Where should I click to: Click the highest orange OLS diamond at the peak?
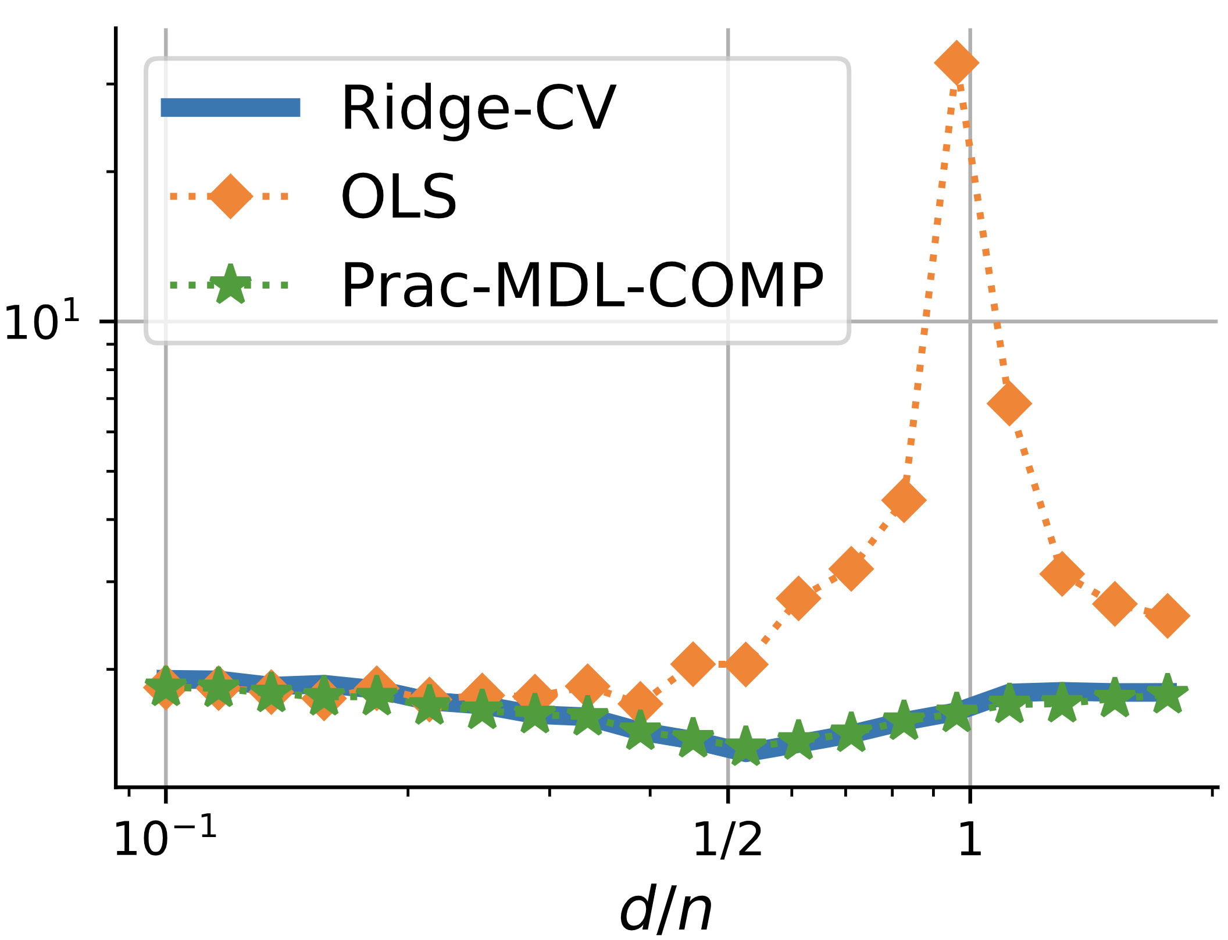tap(956, 63)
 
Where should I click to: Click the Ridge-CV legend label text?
tap(478, 108)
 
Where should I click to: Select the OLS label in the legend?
tap(399, 197)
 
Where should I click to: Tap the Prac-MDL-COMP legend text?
tap(582, 286)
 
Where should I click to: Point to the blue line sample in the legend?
tap(230, 108)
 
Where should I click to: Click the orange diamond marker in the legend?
tap(230, 196)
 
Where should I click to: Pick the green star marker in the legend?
tap(230, 284)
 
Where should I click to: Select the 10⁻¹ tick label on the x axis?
tap(166, 839)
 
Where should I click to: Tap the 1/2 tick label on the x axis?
tap(728, 839)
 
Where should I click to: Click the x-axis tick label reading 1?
tap(970, 839)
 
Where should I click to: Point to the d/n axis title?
tap(666, 910)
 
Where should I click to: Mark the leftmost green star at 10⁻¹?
tap(166, 687)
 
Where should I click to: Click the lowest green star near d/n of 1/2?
tap(745, 745)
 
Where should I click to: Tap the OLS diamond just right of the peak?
tap(1009, 403)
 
